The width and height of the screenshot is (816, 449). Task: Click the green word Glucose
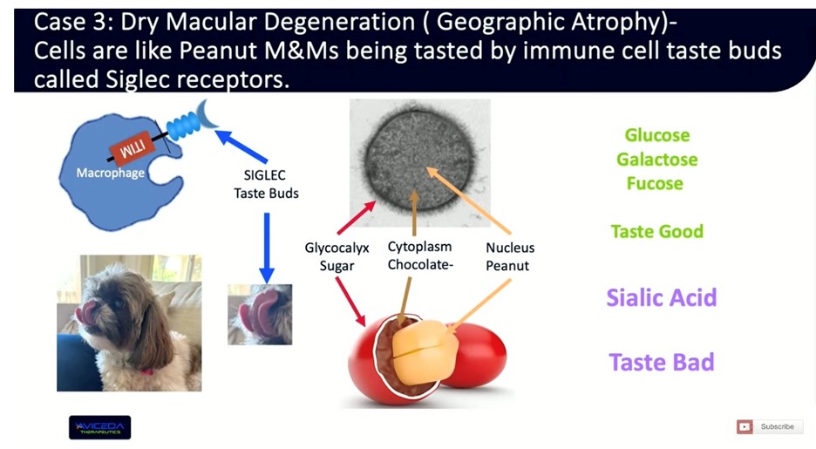tap(656, 135)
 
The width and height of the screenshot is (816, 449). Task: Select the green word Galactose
tap(656, 160)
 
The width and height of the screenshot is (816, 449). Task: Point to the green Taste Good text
tap(656, 231)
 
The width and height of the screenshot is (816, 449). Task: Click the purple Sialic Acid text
tap(661, 297)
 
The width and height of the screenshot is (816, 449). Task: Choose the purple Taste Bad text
tap(661, 362)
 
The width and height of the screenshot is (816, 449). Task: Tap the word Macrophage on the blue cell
tap(110, 173)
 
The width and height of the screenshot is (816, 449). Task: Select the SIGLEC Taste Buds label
tap(266, 183)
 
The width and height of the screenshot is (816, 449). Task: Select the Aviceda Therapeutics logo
tap(99, 426)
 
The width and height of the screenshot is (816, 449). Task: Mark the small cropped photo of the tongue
tap(260, 313)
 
